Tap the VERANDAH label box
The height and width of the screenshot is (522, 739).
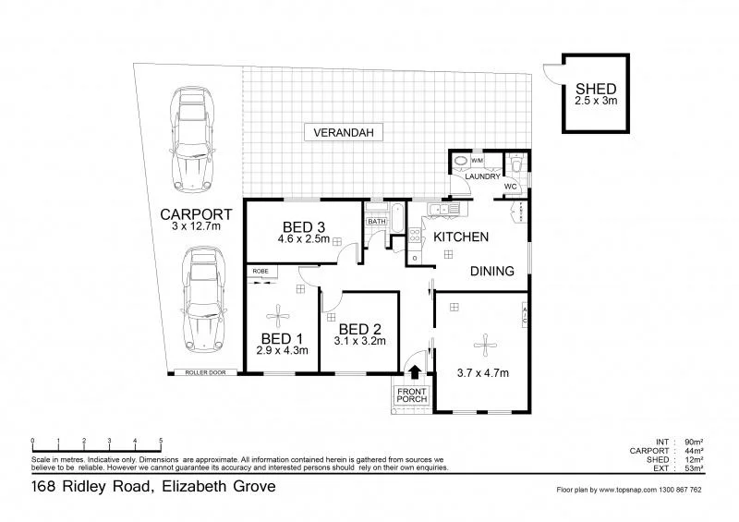[x=342, y=133]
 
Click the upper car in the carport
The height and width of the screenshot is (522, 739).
[x=192, y=140]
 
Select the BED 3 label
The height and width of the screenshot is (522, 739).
[x=302, y=227]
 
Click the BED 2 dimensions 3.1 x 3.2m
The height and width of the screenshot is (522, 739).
[x=360, y=341]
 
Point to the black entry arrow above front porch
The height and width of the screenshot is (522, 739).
[x=415, y=371]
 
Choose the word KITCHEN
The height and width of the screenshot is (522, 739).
[x=461, y=237]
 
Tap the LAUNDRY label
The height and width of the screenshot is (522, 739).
[x=482, y=176]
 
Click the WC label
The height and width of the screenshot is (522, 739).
[x=510, y=186]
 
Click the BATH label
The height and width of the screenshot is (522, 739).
[x=376, y=222]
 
